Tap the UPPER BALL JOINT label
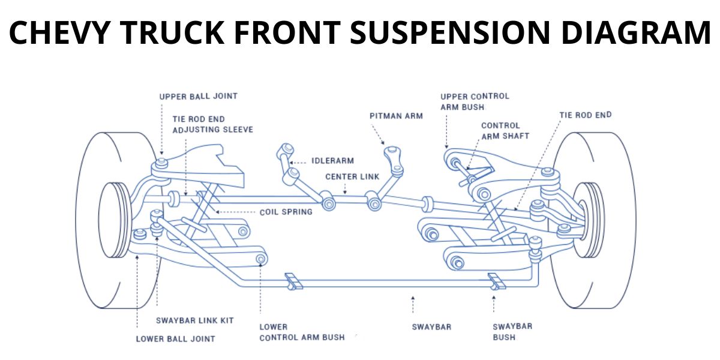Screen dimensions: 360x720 tap(198, 96)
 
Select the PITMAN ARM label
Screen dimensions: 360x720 tap(396, 115)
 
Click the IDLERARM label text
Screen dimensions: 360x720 tap(332, 161)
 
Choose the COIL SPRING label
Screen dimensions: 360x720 tap(286, 212)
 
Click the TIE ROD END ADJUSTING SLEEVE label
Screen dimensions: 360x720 tap(212, 124)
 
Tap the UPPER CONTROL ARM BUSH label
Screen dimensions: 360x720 tap(475, 101)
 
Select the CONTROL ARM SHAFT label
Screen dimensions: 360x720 tap(505, 131)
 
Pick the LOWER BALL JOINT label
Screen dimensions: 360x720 tap(175, 338)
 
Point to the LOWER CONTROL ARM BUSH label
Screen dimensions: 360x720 tap(302, 332)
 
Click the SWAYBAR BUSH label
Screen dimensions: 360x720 tap(512, 332)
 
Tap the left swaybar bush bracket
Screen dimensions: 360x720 tap(292, 281)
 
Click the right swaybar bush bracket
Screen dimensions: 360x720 tap(497, 281)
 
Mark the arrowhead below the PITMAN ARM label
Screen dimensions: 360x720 tap(384, 143)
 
